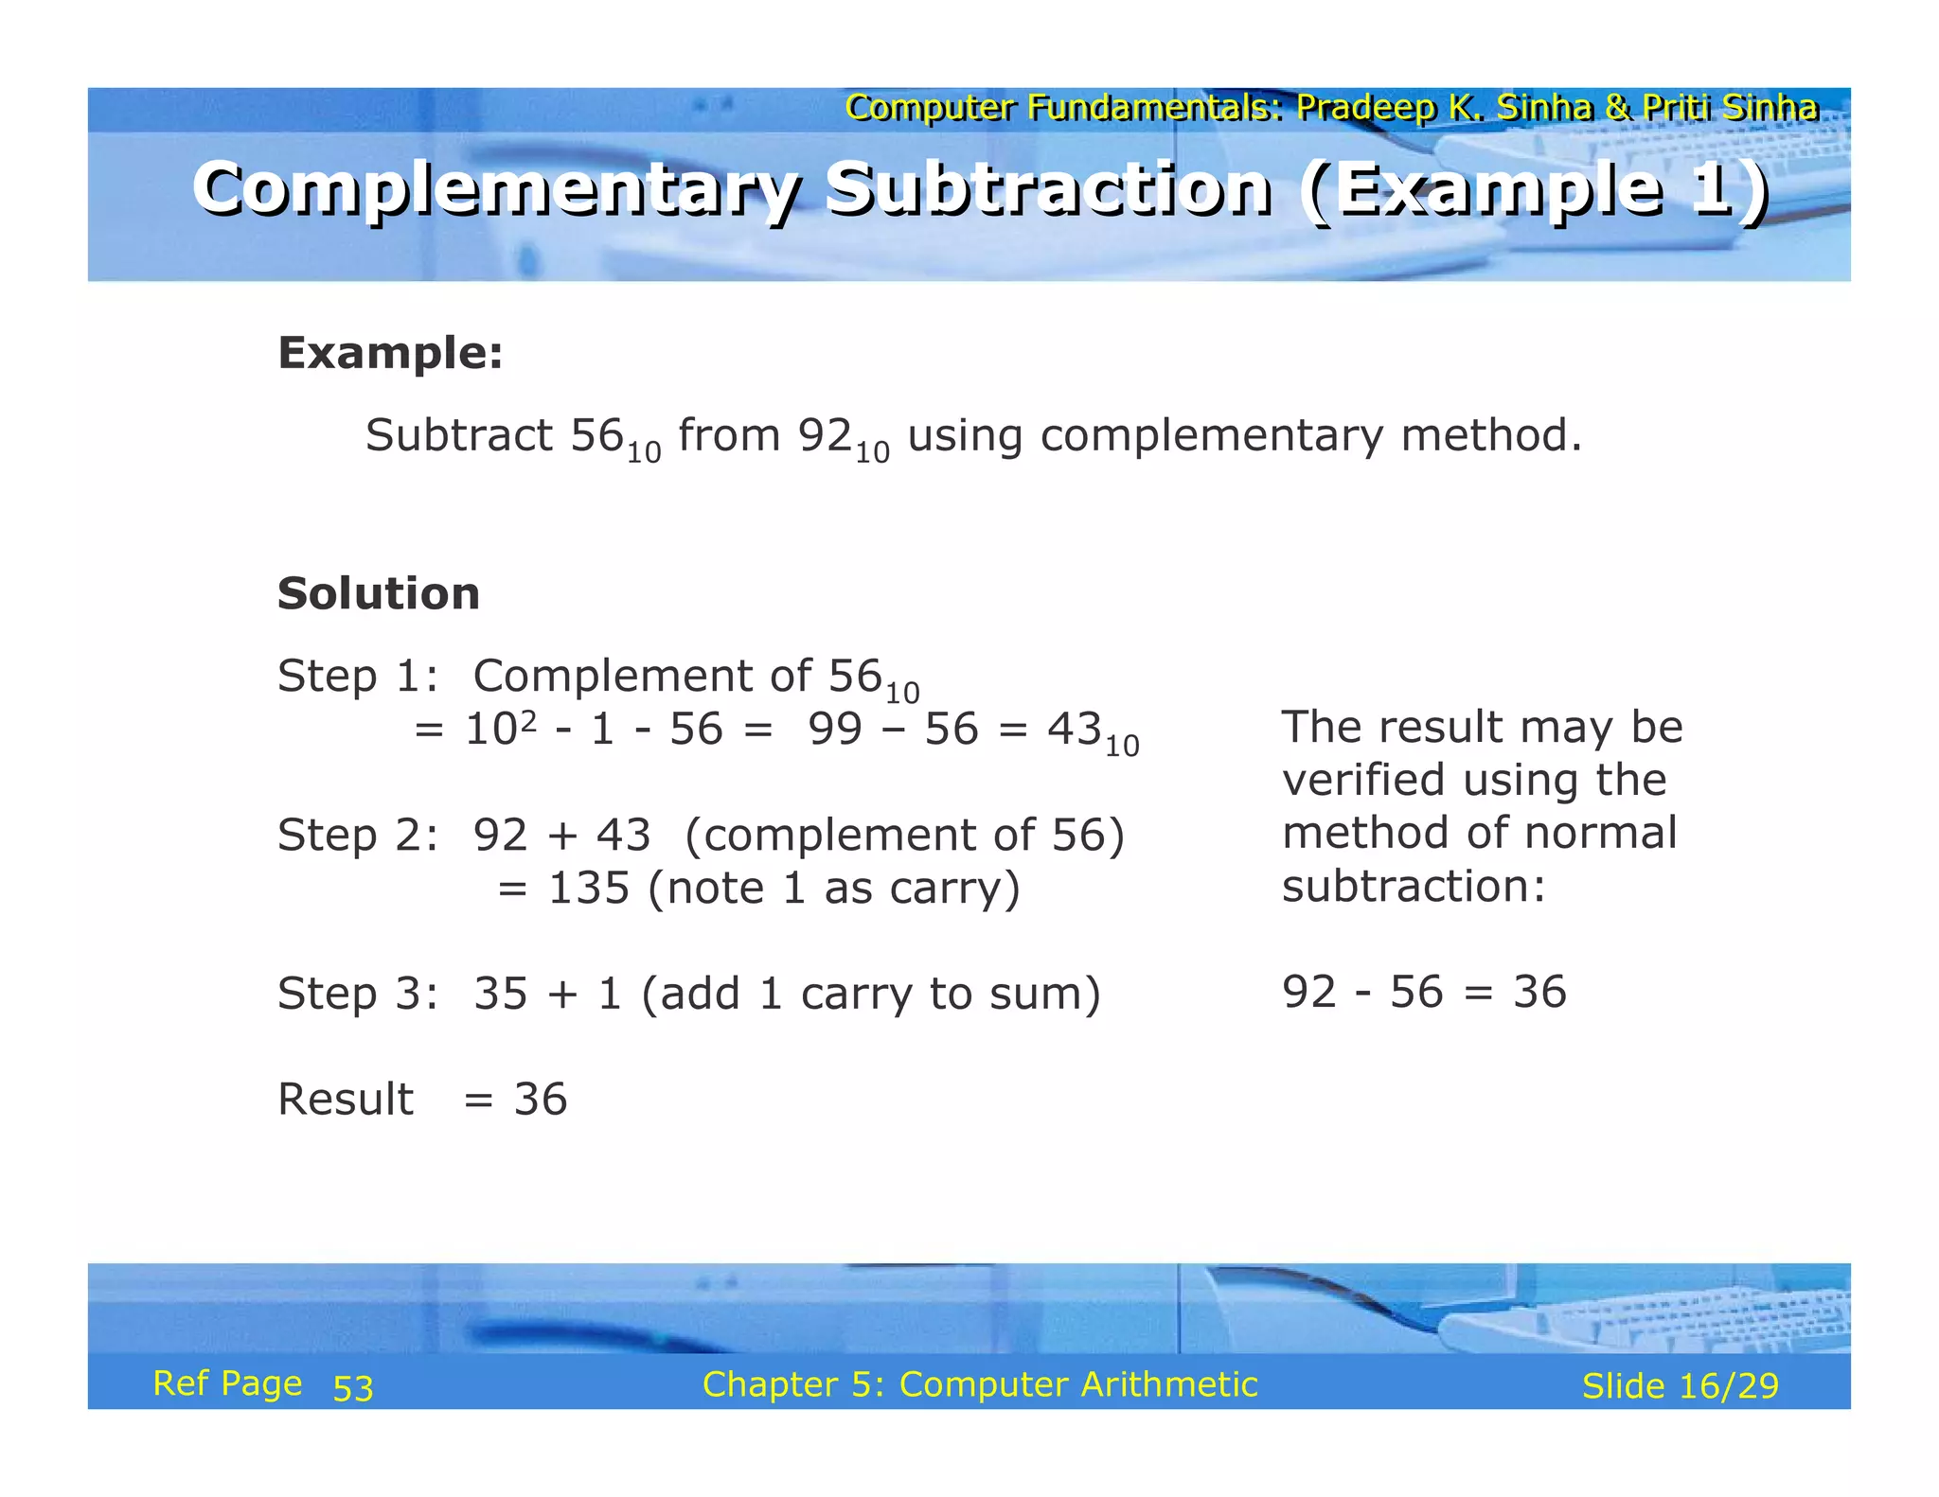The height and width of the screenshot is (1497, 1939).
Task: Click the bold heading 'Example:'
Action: click(x=390, y=353)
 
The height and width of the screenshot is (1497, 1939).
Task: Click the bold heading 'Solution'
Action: click(x=379, y=593)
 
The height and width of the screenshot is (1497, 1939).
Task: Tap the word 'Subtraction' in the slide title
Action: click(x=1047, y=188)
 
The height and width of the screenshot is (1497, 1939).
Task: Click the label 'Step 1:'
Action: click(x=358, y=677)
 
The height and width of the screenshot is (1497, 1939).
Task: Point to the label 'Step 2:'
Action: click(x=358, y=836)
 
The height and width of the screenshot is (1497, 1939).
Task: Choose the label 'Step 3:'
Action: click(x=358, y=995)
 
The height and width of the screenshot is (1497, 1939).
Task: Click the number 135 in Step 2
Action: click(x=589, y=889)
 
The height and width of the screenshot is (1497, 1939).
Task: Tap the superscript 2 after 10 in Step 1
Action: click(x=528, y=721)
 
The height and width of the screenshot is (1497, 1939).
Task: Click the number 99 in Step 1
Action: click(x=835, y=730)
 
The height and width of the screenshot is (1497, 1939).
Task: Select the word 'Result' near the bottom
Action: click(x=346, y=1100)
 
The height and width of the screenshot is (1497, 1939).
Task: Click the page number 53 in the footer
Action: click(x=353, y=1388)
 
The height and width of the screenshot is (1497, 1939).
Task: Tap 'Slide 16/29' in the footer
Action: click(x=1680, y=1386)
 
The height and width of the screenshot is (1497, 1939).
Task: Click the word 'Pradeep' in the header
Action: click(x=1366, y=108)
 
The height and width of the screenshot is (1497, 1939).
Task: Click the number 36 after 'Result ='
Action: click(x=541, y=1100)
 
